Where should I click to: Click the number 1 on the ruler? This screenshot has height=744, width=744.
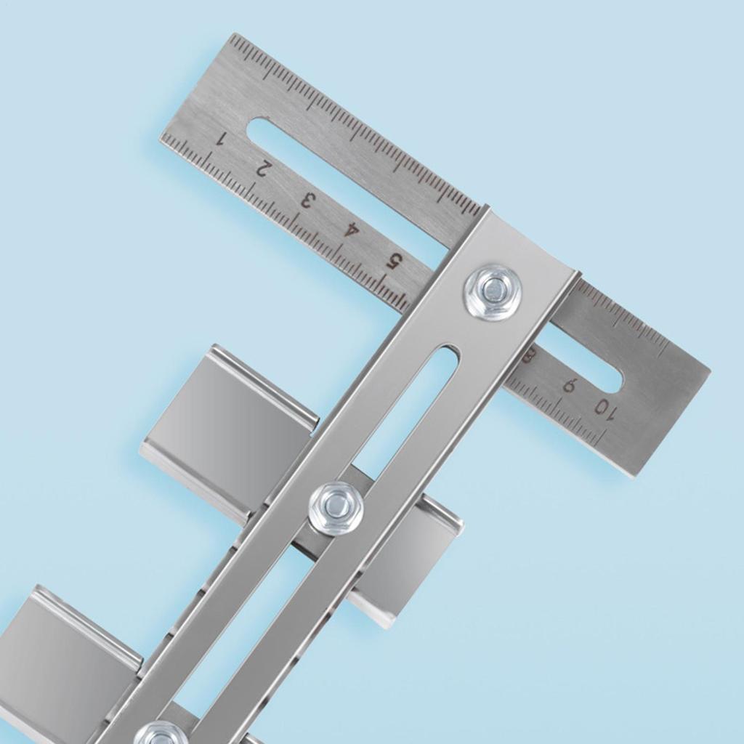pos(222,139)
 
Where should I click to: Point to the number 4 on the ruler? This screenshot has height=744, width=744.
pos(352,231)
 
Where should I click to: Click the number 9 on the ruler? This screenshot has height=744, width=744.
pos(570,386)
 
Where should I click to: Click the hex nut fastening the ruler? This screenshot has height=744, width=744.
pos(493,291)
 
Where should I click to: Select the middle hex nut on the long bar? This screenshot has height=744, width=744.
pos(336,507)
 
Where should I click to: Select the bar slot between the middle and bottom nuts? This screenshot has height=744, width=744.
pos(240,639)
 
